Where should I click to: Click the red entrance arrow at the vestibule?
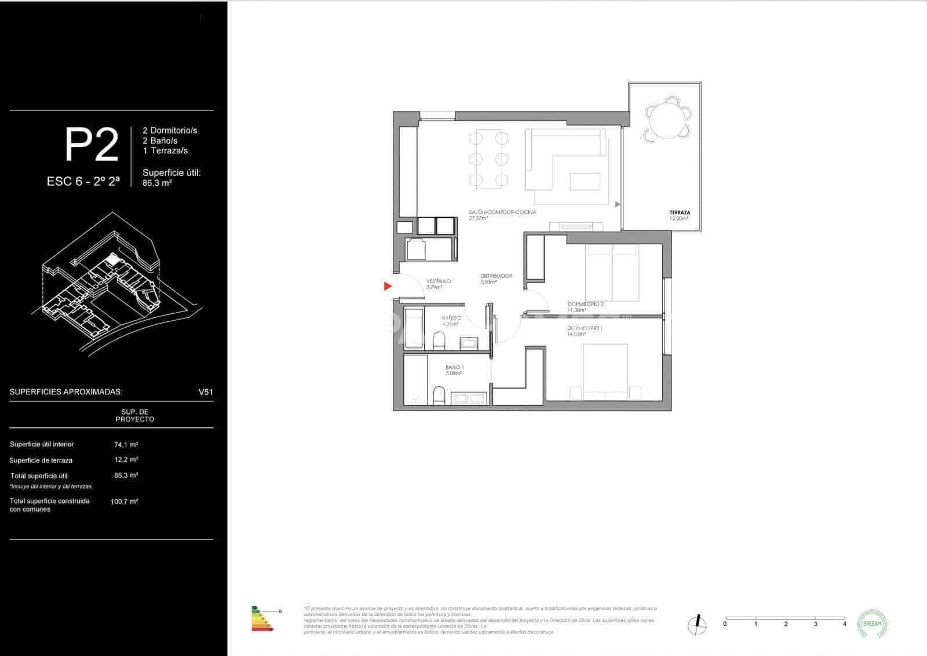(388, 286)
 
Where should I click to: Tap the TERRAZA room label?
(680, 212)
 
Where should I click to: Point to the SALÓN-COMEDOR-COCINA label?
(502, 212)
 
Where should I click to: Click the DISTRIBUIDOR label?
(496, 276)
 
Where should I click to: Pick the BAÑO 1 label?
(454, 367)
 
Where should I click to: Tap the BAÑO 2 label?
(451, 318)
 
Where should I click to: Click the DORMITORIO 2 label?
(586, 304)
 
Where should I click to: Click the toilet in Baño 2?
(439, 341)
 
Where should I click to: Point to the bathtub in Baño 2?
(413, 328)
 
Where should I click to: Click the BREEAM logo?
(871, 624)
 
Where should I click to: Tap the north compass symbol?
(698, 624)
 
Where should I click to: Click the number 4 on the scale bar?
(844, 624)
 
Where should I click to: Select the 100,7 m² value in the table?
(124, 501)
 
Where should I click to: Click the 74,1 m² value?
(126, 445)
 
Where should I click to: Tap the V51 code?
(206, 392)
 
